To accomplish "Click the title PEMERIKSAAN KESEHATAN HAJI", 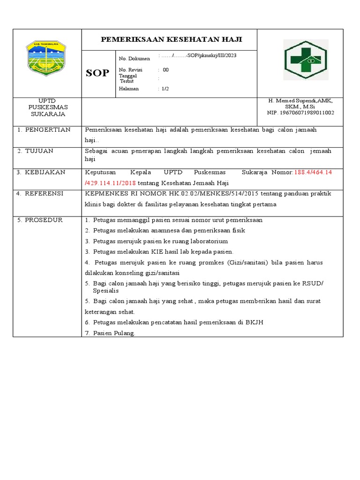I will [172, 39].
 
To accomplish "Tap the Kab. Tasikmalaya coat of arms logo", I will [46, 58].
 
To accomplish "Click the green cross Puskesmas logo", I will [306, 60].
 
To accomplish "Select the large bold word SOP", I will [97, 73].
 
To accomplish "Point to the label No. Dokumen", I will [135, 59].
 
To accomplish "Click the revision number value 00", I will [165, 70].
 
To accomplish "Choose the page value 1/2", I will [165, 89].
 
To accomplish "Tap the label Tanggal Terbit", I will [128, 78].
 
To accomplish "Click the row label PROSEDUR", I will [43, 220].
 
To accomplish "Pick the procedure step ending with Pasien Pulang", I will [114, 333].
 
